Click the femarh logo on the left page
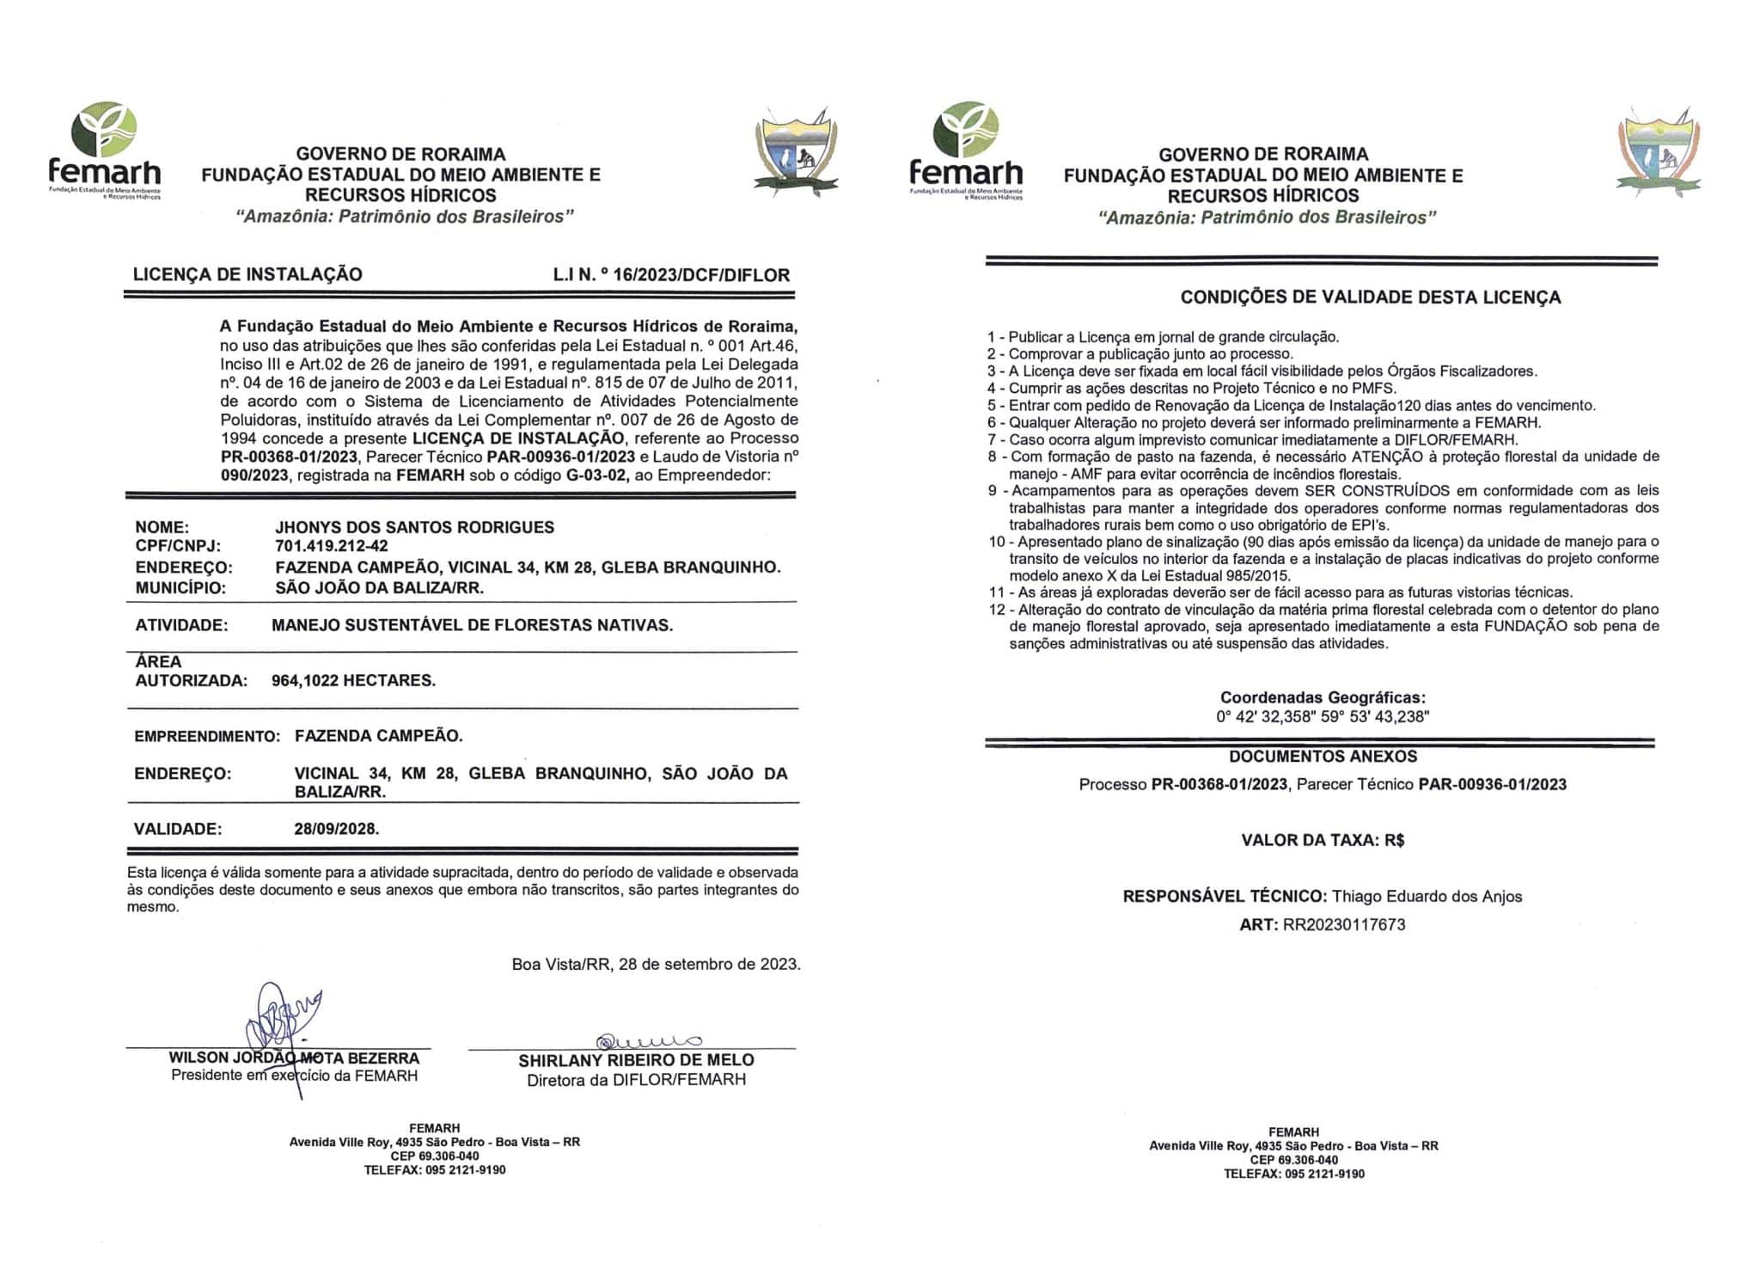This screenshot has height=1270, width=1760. pos(104,150)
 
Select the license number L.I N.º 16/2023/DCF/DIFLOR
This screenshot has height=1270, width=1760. pos(671,275)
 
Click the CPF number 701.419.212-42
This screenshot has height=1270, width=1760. pos(331,547)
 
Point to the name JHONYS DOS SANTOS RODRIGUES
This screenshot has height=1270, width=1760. pos(414,527)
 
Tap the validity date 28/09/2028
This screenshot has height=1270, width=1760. pos(336,829)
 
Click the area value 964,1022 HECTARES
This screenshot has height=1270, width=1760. pos(353,680)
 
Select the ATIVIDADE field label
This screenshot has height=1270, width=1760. pos(181,625)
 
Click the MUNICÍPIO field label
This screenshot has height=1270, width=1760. pos(180,588)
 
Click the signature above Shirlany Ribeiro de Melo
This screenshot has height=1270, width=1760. pos(649,1042)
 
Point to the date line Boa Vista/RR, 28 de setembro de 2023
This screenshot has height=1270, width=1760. pos(656,964)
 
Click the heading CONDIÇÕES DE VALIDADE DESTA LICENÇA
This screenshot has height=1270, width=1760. pos(1370,298)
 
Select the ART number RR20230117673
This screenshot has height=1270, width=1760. pos(1344,925)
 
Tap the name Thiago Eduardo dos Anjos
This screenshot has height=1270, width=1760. pos(1427,897)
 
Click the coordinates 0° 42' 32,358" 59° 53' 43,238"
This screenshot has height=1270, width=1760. pos(1322,716)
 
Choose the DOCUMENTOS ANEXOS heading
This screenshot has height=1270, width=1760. pos(1323,757)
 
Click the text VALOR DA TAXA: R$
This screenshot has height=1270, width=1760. pos(1323,840)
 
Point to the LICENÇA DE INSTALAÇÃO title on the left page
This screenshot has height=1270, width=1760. pos(247,274)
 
